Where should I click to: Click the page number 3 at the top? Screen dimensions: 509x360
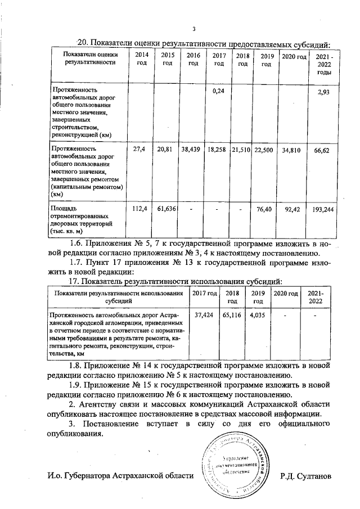(x=193, y=29)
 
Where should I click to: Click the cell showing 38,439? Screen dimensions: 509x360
(x=192, y=150)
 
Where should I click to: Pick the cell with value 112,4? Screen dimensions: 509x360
(x=139, y=209)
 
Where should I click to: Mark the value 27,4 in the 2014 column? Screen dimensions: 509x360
(x=139, y=150)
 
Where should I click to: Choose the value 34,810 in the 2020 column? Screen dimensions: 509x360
(x=293, y=150)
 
